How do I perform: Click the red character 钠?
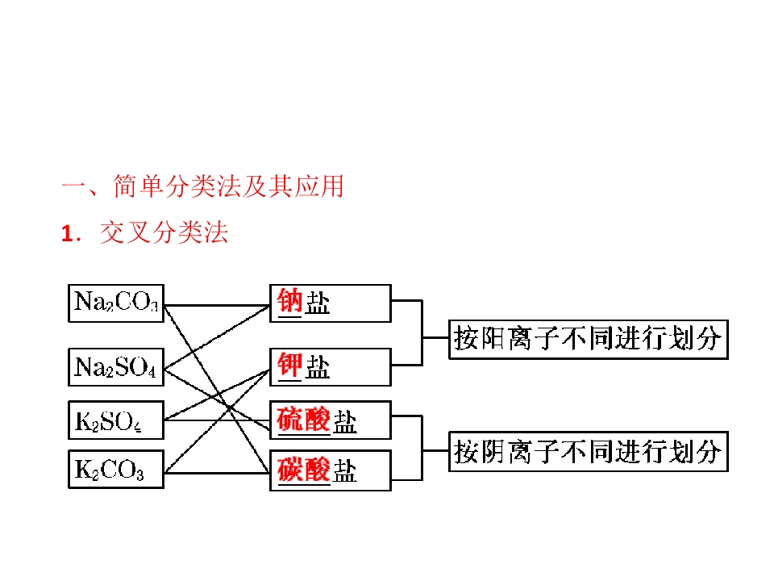tap(289, 301)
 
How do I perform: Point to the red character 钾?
tap(289, 365)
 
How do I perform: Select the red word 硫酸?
tap(303, 420)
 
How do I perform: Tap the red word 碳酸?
tap(303, 470)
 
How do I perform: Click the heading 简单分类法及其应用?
tap(228, 186)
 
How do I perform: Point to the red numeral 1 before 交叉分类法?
tap(68, 234)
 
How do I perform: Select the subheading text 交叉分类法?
tap(164, 232)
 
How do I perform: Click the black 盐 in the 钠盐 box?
tap(318, 302)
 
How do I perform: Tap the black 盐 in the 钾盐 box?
tap(318, 366)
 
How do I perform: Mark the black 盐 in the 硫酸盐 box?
tap(344, 421)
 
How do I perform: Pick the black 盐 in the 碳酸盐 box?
tap(344, 470)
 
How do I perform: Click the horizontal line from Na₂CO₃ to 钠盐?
tap(217, 306)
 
